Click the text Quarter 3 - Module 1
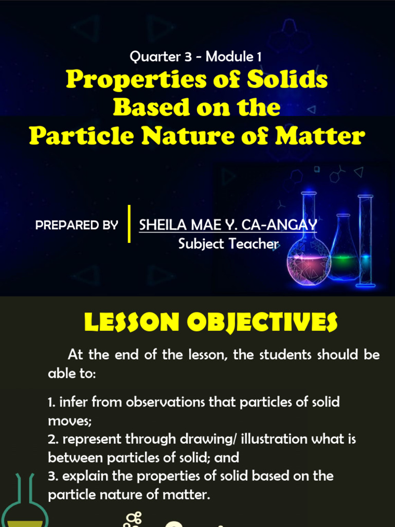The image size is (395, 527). pos(196,57)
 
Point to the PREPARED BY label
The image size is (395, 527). pos(77,225)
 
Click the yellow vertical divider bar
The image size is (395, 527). pos(129,224)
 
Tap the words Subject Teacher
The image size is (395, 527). pos(228,243)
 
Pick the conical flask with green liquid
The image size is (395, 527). pos(344,252)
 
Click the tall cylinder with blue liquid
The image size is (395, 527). pos(366,242)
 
